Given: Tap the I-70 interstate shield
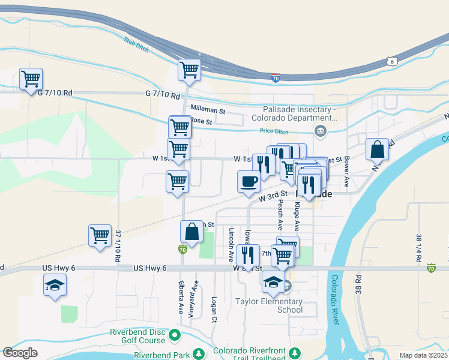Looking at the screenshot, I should point(276,79).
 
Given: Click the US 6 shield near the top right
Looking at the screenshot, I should point(391,61).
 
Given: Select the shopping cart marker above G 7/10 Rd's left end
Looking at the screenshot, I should point(31,79).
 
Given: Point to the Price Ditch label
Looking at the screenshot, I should point(274,131).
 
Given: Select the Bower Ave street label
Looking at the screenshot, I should point(346,172).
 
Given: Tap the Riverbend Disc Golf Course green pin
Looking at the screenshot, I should point(175,334).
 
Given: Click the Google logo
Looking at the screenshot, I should point(20,353).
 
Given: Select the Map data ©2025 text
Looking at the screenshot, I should point(423,355).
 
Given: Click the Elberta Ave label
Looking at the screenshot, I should point(181,296).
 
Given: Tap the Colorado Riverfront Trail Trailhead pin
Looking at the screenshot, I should point(295,351).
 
